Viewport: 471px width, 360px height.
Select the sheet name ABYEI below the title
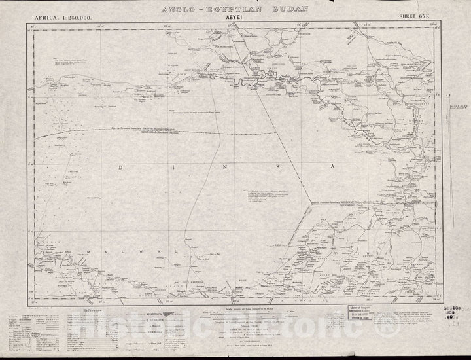[x=235, y=19]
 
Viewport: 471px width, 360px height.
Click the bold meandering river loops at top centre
[x=249, y=82]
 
